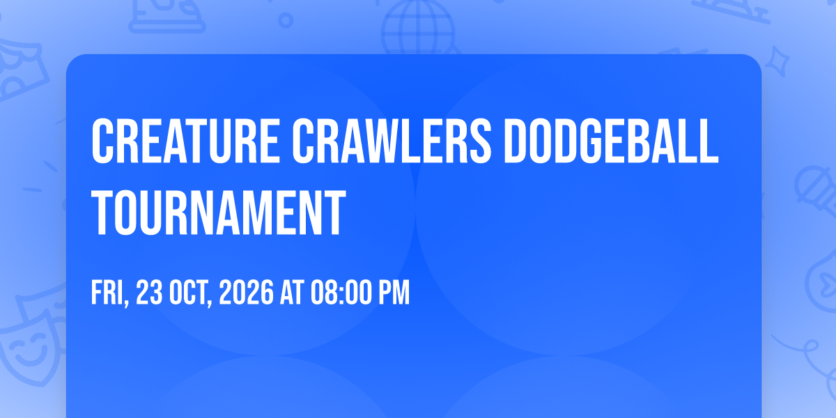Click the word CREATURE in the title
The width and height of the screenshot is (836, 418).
[x=185, y=141]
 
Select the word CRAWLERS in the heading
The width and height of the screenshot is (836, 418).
[x=392, y=141]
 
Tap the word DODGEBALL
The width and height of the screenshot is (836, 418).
[x=612, y=141]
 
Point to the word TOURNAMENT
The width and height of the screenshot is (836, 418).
[x=219, y=212]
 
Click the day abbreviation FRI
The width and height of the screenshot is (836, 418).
[x=107, y=293]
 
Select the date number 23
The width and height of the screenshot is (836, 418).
[x=149, y=293]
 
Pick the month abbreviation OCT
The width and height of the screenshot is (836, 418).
[x=189, y=293]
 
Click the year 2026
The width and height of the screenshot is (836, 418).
[x=247, y=293]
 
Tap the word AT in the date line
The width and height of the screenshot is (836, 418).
[x=292, y=293]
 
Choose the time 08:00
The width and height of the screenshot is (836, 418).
[x=342, y=293]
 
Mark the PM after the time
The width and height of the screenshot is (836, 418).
[x=394, y=293]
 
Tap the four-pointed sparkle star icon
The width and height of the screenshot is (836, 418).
[x=777, y=61]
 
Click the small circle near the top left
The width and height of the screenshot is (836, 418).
[x=286, y=20]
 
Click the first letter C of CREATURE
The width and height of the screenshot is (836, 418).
[x=102, y=141]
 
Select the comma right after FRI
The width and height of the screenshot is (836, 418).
[x=127, y=302]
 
